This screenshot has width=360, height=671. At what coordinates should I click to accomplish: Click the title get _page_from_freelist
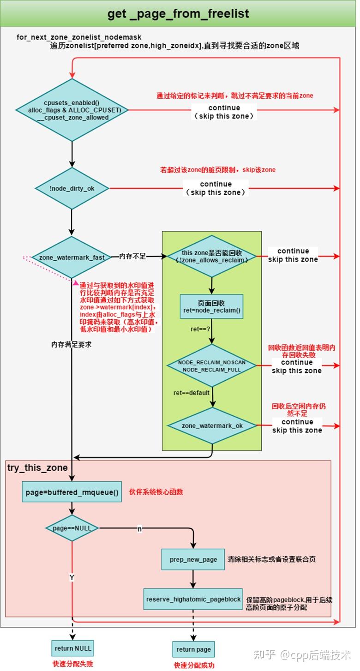pos(178,13)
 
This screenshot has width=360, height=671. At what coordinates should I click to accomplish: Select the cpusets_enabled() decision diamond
pos(72,110)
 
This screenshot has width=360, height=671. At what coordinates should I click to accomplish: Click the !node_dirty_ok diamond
pos(72,188)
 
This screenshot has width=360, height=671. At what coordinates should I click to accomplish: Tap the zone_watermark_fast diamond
pos(72,257)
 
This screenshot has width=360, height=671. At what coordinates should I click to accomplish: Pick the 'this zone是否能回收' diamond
pos(211,256)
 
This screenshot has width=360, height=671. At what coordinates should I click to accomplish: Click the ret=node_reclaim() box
pos(212,306)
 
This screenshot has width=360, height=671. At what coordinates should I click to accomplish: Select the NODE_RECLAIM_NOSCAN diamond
pos(212,366)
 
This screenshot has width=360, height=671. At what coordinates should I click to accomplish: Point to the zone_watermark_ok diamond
pos(212,425)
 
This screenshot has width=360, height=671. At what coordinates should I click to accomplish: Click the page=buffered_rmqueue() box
pos(72,492)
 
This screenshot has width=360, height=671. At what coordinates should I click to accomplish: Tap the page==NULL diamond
pos(72,528)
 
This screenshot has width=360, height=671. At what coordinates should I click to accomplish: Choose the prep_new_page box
pos(193,559)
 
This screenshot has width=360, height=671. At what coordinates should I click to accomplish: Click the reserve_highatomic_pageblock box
pos(193,599)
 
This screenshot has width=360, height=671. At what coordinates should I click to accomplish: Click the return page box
pos(193,649)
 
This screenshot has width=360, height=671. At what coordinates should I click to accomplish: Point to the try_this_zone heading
pos(37,467)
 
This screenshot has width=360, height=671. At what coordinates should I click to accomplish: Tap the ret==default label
pos(192,393)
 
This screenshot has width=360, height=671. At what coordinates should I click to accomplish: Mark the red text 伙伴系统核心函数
pos(156,492)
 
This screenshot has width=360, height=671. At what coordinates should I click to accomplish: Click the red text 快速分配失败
pos(73,664)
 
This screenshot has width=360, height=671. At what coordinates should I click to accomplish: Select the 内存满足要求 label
pos(72,344)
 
